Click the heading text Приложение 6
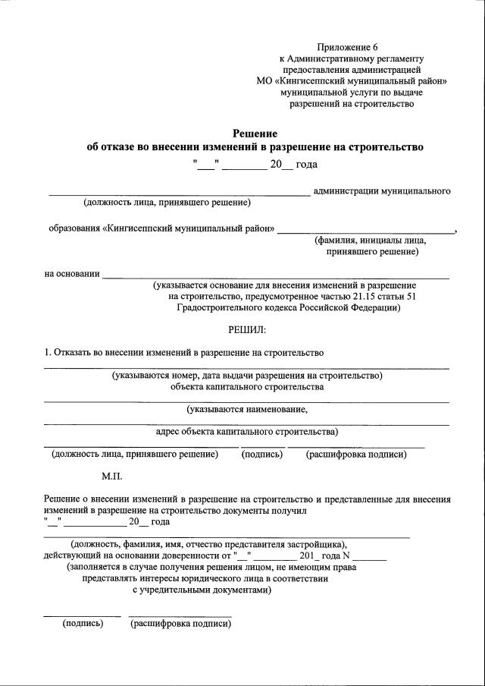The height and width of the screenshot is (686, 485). [x=350, y=47]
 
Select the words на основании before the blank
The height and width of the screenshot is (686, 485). [x=72, y=273]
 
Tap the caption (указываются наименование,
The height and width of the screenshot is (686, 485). [x=247, y=409]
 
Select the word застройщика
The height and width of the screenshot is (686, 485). [x=316, y=544]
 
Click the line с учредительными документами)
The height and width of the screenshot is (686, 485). [x=202, y=589]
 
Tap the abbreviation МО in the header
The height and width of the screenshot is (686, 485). [x=264, y=80]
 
